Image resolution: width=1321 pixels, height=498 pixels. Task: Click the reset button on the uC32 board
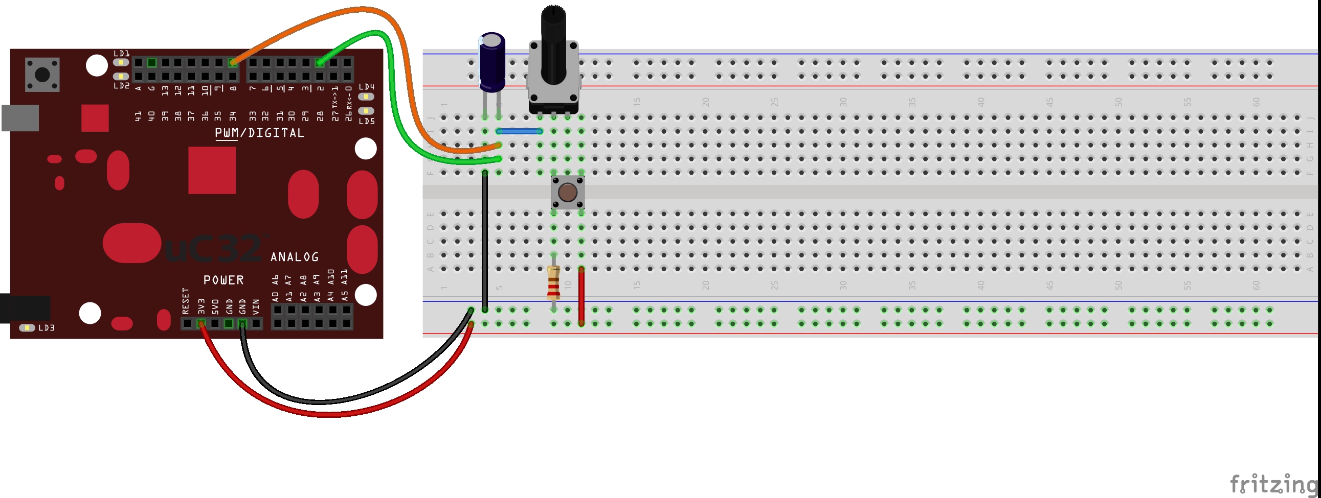tap(42, 75)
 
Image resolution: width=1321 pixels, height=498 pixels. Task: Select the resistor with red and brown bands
tap(553, 283)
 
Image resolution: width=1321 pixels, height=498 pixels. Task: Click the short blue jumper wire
tap(519, 132)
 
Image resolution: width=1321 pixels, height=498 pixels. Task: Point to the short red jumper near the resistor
tap(581, 296)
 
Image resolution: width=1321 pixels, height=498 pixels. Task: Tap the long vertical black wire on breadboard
tap(485, 241)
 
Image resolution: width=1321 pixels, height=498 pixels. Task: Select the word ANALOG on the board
tap(295, 257)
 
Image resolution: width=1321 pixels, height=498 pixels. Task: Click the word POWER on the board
tap(223, 280)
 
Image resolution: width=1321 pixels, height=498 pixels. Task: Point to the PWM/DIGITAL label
tap(259, 133)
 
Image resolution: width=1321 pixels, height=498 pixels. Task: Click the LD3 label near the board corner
tap(46, 328)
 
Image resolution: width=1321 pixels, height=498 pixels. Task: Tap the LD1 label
tap(122, 53)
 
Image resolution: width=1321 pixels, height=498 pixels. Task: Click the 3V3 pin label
tap(201, 307)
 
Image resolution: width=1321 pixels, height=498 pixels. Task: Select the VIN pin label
tap(256, 307)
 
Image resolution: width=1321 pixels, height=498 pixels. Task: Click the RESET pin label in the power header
tap(186, 301)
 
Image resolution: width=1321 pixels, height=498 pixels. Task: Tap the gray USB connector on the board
tap(20, 118)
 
